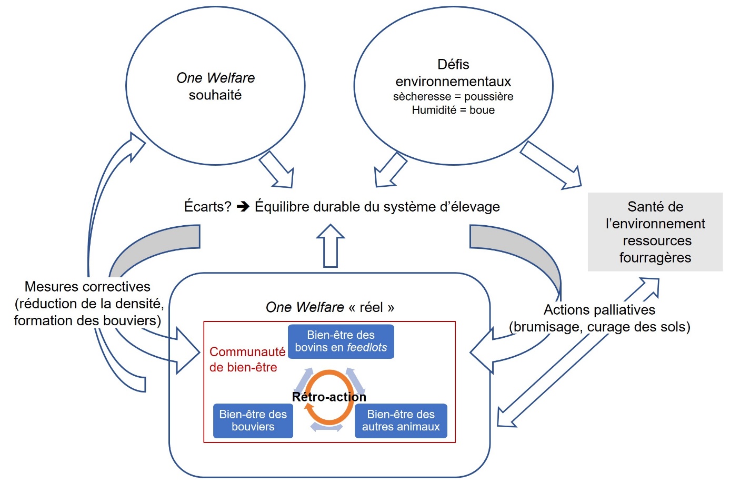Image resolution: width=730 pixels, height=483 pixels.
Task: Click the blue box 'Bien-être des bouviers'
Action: tap(253, 420)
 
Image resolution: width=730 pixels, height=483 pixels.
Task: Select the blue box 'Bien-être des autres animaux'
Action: tap(401, 420)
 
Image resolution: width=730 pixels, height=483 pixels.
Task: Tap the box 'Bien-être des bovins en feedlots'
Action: tap(341, 341)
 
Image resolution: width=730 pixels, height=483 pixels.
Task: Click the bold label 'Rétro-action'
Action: tap(329, 397)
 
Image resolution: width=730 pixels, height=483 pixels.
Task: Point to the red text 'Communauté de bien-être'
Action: tap(246, 359)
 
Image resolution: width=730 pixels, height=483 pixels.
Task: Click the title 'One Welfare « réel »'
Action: tap(329, 307)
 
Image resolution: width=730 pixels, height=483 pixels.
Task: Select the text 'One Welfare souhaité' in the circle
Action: tap(215, 86)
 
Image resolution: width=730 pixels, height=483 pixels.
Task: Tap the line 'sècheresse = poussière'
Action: tap(453, 97)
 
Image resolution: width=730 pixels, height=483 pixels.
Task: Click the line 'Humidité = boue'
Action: tap(453, 110)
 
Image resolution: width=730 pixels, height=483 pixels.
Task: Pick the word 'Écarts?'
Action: tap(207, 207)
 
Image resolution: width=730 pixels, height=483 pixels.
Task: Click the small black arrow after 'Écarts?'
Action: tap(243, 207)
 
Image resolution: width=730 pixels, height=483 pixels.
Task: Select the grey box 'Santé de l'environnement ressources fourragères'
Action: tap(655, 232)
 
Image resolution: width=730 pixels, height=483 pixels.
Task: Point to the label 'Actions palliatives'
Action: tap(599, 310)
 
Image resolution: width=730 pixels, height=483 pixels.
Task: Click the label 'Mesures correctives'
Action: tap(87, 287)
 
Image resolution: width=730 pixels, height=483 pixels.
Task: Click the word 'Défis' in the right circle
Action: tap(453, 65)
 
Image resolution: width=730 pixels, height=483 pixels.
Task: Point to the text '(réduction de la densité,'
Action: tap(89, 304)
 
